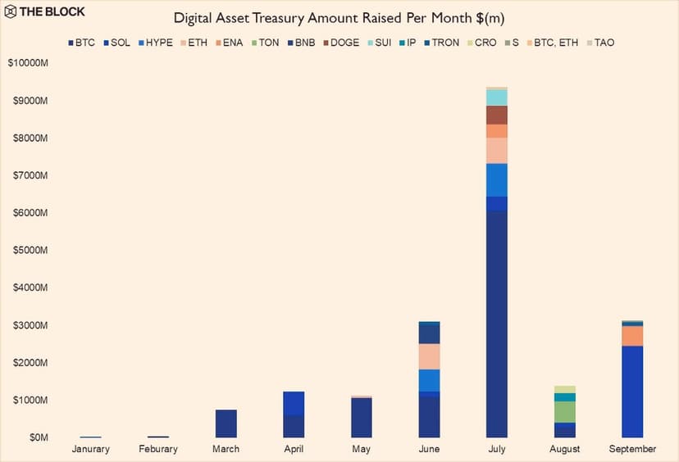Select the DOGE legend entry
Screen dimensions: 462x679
click(341, 43)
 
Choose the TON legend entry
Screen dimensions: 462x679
click(267, 43)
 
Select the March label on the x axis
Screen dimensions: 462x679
click(226, 449)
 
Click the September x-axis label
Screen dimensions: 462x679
click(632, 449)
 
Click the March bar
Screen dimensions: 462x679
click(226, 423)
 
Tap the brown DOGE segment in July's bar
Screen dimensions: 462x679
click(496, 115)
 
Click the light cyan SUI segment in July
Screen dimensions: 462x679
click(496, 97)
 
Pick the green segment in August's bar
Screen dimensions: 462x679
click(564, 411)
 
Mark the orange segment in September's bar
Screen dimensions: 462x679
click(632, 336)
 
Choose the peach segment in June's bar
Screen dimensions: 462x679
click(429, 356)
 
